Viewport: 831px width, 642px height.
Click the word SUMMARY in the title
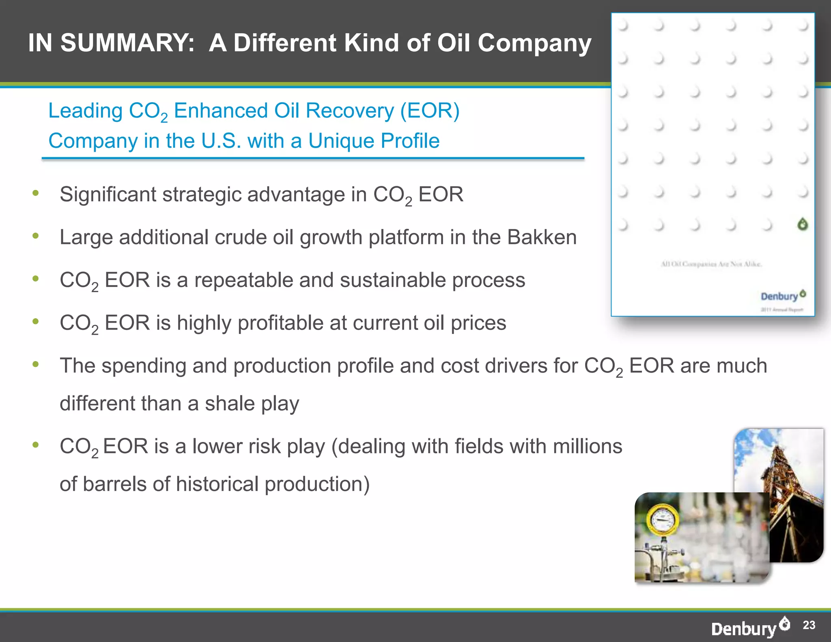127,43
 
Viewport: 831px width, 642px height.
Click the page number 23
809,625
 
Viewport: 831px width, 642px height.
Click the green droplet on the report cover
802,224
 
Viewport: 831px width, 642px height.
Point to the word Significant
108,194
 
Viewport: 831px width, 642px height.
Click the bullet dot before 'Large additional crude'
36,236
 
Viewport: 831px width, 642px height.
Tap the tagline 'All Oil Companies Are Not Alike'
712,264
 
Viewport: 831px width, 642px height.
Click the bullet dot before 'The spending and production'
36,364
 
